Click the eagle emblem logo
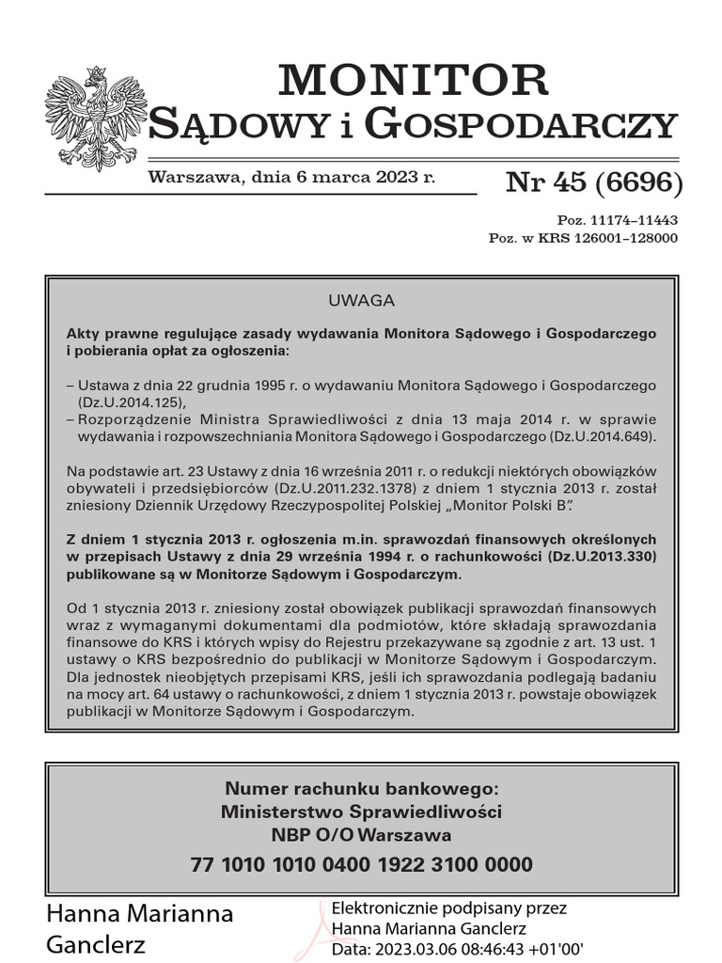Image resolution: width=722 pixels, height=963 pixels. [x=96, y=118]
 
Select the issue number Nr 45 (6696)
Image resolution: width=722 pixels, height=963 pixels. [x=593, y=182]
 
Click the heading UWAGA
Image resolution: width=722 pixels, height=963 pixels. [x=361, y=302]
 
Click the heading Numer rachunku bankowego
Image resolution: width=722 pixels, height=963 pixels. [x=361, y=788]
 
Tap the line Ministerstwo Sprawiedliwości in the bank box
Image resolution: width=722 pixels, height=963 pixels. [x=361, y=812]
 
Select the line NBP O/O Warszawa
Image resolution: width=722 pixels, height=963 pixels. [x=361, y=835]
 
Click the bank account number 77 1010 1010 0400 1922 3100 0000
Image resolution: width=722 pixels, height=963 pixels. [x=361, y=865]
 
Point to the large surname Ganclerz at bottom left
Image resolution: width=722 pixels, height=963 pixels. [x=96, y=944]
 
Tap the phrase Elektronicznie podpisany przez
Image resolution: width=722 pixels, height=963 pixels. [x=449, y=908]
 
